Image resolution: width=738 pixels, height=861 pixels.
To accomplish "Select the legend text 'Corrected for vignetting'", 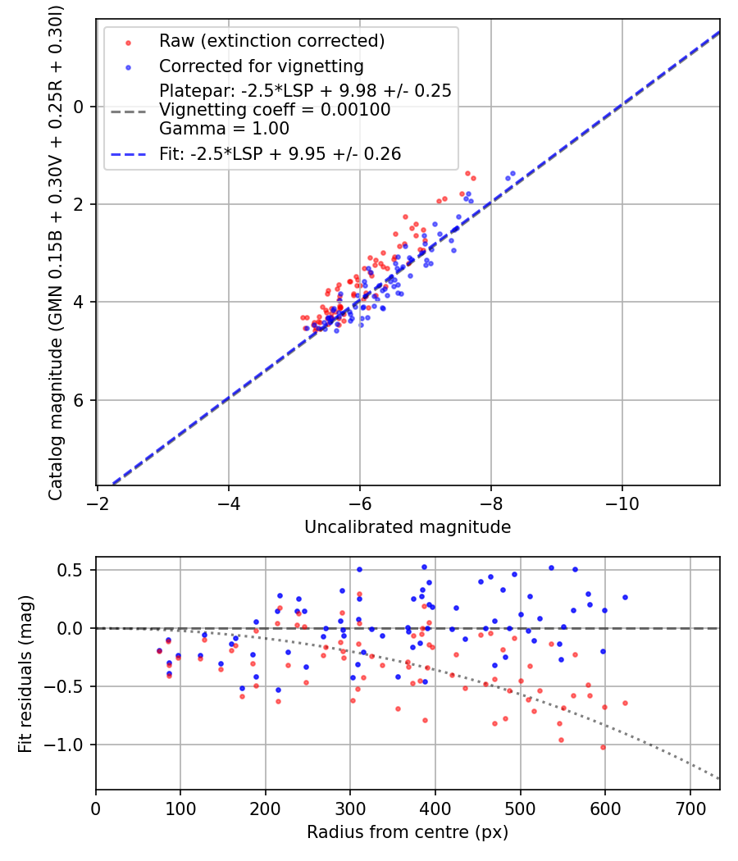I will coord(261,66).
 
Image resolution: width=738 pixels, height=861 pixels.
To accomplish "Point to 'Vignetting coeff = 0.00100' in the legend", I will coord(275,110).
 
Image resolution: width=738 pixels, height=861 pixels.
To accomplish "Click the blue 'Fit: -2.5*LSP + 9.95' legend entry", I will coord(280,153).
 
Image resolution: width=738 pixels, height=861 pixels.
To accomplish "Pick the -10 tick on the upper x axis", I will coord(622,500).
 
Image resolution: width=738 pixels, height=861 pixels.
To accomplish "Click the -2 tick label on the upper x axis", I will coord(98,500).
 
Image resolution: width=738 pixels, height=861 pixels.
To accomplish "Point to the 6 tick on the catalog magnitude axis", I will coord(80,400).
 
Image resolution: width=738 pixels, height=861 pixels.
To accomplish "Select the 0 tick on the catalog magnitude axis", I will coord(80,107).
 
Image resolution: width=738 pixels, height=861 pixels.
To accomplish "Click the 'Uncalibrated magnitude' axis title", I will coord(408,527).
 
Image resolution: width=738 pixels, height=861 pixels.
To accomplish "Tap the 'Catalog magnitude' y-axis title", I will coord(56,250).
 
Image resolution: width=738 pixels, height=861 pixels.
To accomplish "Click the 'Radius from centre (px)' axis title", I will coord(408,832).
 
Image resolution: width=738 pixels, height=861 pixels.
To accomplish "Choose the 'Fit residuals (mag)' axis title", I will coord(26,672).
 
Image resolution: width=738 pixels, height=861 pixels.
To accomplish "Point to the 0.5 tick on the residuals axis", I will coord(71,570).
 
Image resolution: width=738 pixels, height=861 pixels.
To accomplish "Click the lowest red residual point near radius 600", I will coord(603,747).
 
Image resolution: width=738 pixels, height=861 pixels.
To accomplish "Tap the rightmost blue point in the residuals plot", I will coord(625,597).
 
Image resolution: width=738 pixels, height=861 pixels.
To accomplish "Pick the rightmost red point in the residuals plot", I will coord(625,703).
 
